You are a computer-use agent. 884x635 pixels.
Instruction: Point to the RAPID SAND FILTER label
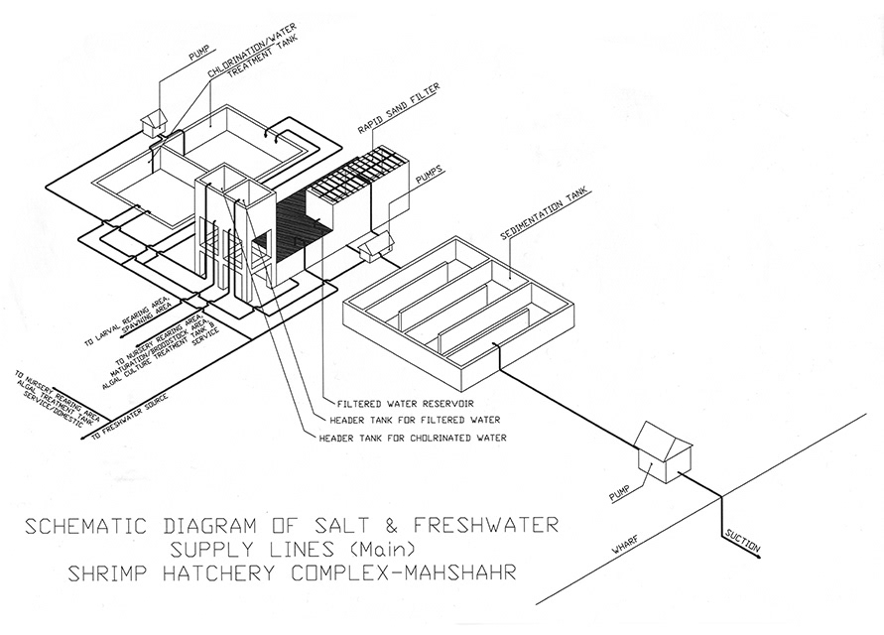(402, 117)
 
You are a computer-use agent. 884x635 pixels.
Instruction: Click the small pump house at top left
(154, 121)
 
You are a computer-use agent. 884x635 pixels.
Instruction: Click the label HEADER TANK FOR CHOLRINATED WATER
(412, 437)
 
